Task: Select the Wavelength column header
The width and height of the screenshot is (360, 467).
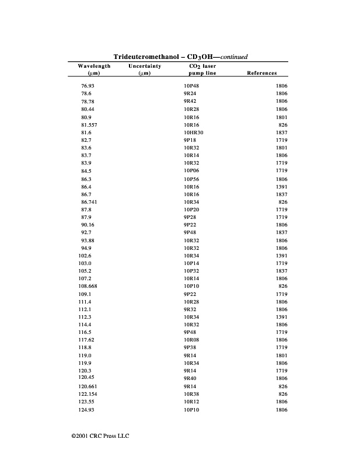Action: (94, 67)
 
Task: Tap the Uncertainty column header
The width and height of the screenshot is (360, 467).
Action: (145, 67)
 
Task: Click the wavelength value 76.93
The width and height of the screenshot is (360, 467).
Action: (88, 86)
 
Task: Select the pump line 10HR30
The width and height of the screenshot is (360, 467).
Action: (194, 133)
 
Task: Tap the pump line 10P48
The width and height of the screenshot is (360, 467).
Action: (191, 86)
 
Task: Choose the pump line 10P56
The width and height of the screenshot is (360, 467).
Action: (191, 179)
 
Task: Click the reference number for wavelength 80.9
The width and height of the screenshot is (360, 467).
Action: (281, 117)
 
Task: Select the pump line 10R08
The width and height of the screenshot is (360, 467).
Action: (191, 339)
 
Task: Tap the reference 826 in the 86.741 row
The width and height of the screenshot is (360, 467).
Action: (283, 201)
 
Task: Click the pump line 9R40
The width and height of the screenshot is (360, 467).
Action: (190, 378)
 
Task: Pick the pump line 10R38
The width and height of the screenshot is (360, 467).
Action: (191, 395)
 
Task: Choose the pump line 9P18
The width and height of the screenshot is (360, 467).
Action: (190, 140)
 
